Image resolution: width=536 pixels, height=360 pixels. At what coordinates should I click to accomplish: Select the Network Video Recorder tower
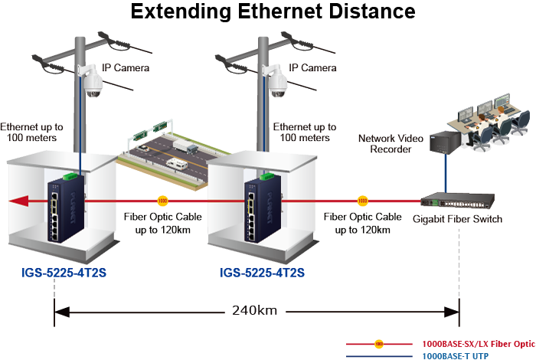coord(443,141)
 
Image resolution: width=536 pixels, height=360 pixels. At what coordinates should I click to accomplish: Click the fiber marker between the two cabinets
coord(162,201)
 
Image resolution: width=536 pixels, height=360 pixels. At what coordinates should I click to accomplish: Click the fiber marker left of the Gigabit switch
coord(362,201)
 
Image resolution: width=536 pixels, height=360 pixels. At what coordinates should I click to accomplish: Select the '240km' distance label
coord(255,311)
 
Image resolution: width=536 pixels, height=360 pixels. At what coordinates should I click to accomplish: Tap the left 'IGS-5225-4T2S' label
coord(63,272)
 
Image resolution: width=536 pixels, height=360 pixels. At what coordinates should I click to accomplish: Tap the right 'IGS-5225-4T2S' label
coord(263,272)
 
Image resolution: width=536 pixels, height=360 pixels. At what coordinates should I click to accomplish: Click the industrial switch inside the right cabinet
coord(256,205)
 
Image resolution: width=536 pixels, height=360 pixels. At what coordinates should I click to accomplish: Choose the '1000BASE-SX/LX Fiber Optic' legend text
coord(479,345)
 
